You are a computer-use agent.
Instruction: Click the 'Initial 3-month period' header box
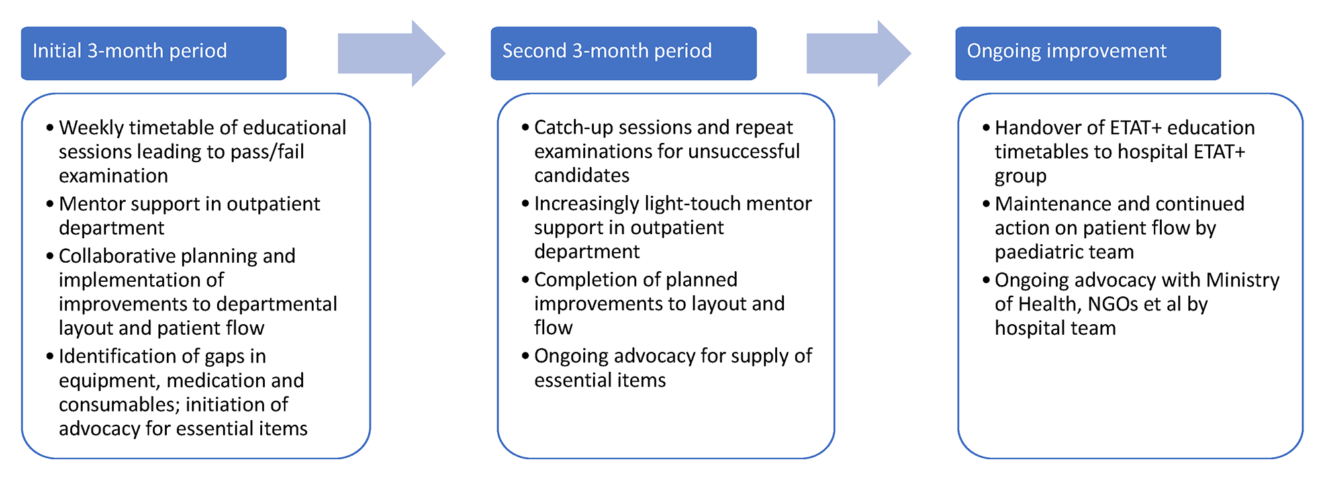(x=154, y=54)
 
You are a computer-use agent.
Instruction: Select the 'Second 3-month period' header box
(x=624, y=54)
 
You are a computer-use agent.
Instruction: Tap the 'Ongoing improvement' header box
(x=1088, y=54)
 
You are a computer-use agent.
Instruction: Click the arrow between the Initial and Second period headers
(x=392, y=54)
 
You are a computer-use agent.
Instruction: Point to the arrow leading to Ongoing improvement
(x=859, y=54)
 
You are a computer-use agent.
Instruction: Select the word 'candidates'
(x=582, y=175)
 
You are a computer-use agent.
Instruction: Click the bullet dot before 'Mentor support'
(x=50, y=204)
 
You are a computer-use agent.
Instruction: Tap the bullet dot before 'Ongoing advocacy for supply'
(x=526, y=357)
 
